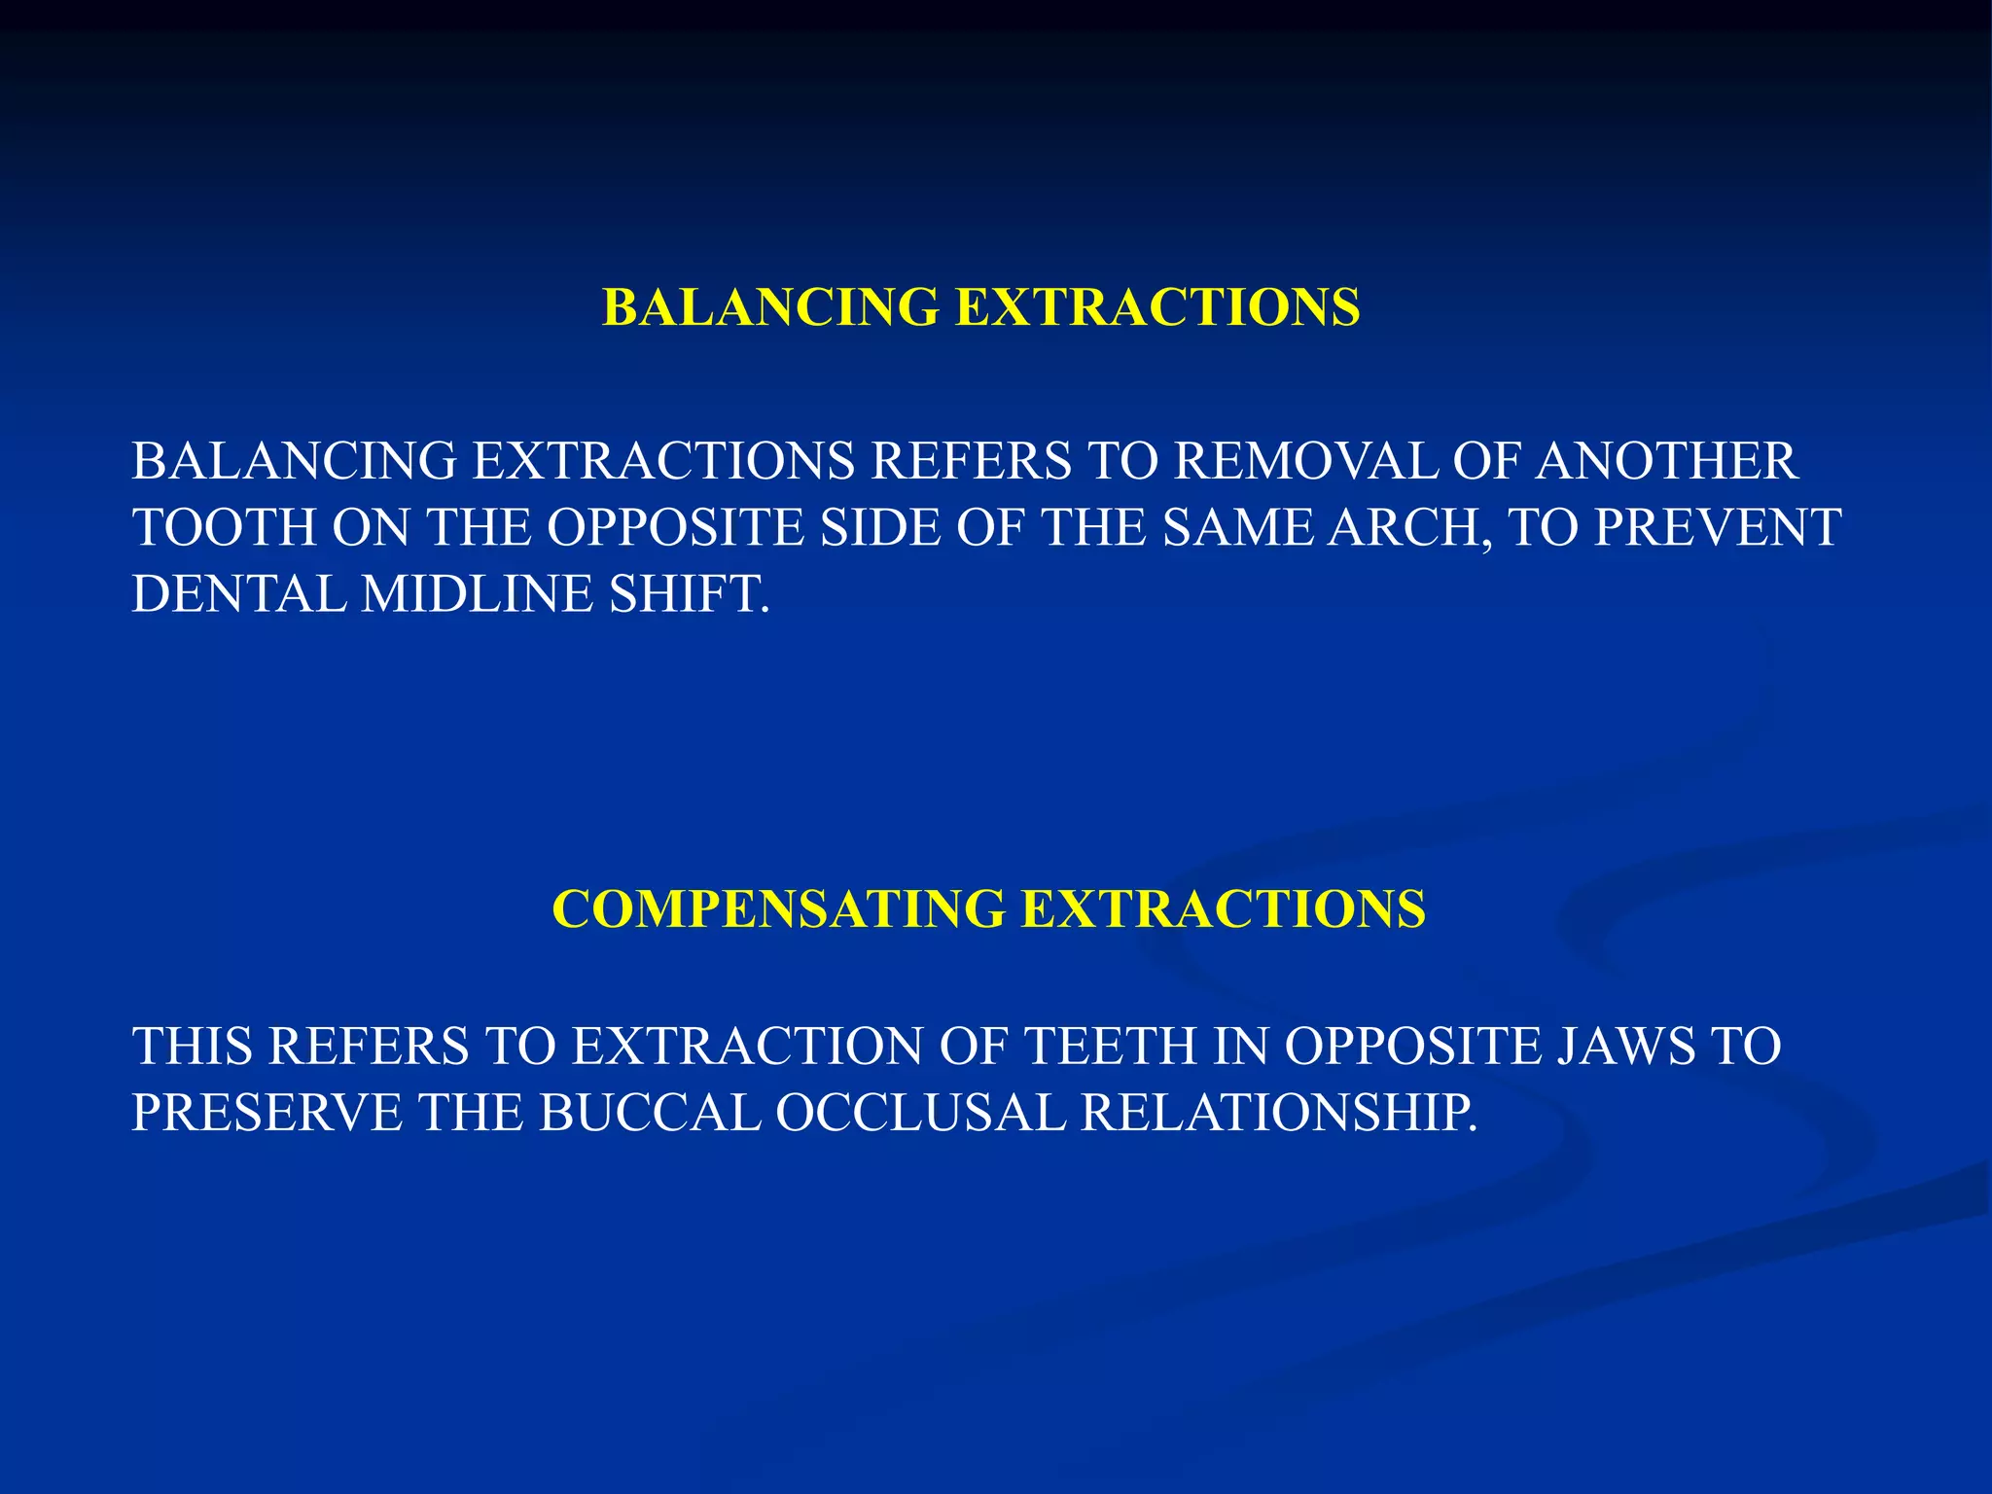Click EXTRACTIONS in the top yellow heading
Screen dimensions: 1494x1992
coord(1157,308)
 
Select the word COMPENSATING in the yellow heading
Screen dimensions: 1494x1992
coord(778,910)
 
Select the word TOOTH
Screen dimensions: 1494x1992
coord(224,528)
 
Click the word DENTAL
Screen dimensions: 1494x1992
coord(238,594)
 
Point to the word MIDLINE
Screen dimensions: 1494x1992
coord(478,594)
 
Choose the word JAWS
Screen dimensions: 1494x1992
coord(1625,1048)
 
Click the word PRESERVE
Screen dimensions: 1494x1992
coord(267,1114)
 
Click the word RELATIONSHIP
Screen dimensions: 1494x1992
coord(1278,1114)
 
